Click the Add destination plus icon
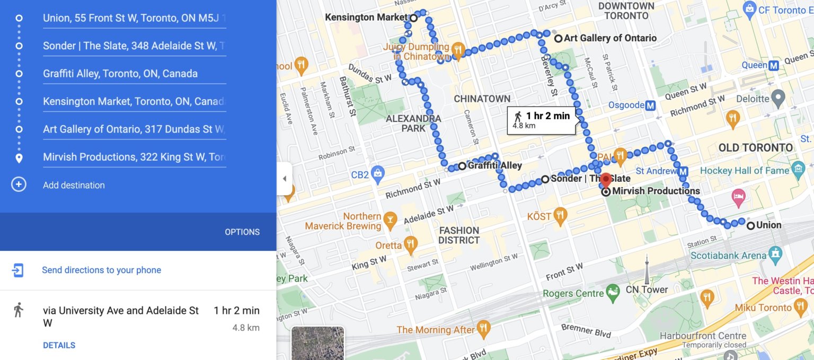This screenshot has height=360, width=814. click(19, 185)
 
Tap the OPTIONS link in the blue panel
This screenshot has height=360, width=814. click(242, 232)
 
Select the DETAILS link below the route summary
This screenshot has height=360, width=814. click(59, 345)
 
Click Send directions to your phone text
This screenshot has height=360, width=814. click(101, 270)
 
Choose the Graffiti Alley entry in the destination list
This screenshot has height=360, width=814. click(120, 74)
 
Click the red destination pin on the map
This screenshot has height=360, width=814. click(606, 180)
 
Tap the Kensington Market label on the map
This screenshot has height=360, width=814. click(366, 17)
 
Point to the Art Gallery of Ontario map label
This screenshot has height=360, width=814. click(610, 38)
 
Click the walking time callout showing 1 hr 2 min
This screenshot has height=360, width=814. click(541, 120)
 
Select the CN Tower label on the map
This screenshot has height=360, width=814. click(647, 289)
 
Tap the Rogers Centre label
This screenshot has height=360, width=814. click(573, 293)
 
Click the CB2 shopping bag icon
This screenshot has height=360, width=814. click(377, 173)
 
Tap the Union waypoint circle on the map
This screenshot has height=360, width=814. click(750, 225)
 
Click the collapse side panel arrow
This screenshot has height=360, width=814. click(285, 179)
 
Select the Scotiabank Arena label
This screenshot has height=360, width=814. click(729, 256)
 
